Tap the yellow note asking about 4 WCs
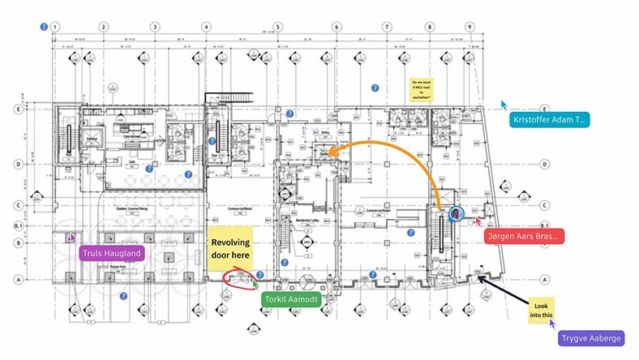click(421, 89)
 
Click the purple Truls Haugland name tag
click(112, 254)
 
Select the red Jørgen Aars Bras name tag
click(523, 236)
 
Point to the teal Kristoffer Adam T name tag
click(549, 120)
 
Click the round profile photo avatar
click(456, 214)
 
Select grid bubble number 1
click(54, 27)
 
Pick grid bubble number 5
click(277, 27)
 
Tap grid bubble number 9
click(470, 27)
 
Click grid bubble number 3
click(154, 27)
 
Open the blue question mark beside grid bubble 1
click(42, 27)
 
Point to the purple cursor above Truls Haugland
click(73, 238)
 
